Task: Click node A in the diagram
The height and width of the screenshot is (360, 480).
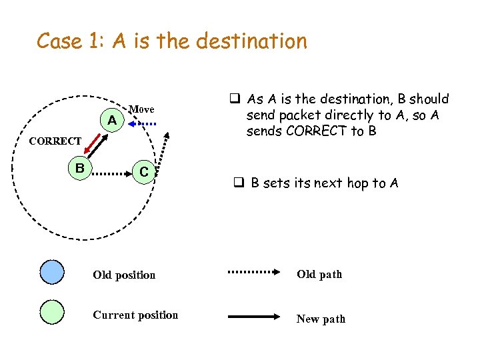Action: click(113, 121)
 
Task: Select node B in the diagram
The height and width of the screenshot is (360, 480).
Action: click(79, 168)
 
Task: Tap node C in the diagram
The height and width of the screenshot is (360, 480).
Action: click(143, 172)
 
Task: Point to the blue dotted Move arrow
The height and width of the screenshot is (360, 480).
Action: click(142, 123)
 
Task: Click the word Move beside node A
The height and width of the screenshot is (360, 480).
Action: click(141, 109)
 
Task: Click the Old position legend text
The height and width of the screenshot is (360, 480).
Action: click(124, 275)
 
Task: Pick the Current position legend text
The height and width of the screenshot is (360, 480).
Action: click(135, 315)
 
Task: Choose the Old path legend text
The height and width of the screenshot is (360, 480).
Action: click(319, 274)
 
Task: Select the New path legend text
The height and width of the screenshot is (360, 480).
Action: click(321, 319)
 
